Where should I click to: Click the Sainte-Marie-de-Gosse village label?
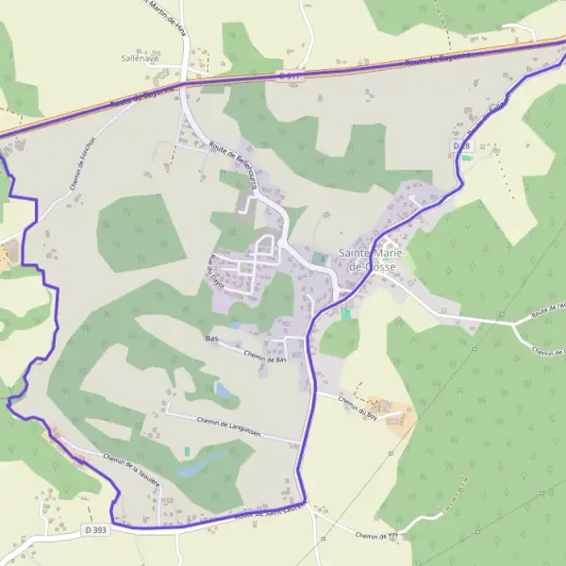(372, 260)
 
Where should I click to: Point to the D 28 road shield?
(461, 146)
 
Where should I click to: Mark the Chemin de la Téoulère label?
(132, 468)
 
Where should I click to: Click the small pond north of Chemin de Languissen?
(223, 389)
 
